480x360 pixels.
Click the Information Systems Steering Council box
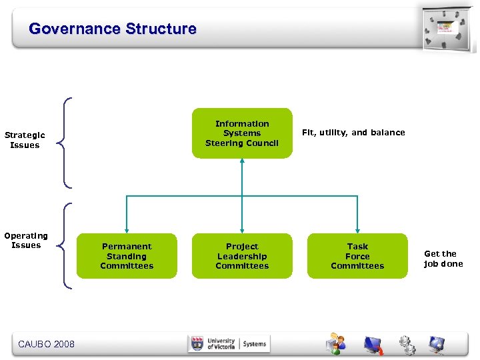pyautogui.click(x=242, y=133)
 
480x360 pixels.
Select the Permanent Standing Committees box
pyautogui.click(x=127, y=256)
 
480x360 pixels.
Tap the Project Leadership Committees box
pyautogui.click(x=242, y=256)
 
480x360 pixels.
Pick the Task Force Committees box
pyautogui.click(x=357, y=256)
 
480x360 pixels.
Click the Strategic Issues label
pyautogui.click(x=25, y=140)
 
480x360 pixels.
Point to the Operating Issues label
pyautogui.click(x=26, y=240)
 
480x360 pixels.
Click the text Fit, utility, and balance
pyautogui.click(x=353, y=133)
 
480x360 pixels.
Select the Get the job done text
pyautogui.click(x=443, y=259)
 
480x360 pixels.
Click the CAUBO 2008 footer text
pyautogui.click(x=46, y=344)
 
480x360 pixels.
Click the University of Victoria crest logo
pyautogui.click(x=197, y=344)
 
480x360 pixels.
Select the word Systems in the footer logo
pyautogui.click(x=254, y=344)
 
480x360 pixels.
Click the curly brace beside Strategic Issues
pyautogui.click(x=65, y=142)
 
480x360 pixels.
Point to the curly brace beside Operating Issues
pyautogui.click(x=65, y=246)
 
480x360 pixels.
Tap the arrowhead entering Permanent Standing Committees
pyautogui.click(x=127, y=229)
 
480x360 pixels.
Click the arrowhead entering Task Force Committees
pyautogui.click(x=357, y=229)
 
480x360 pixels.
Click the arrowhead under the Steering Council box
pyautogui.click(x=242, y=163)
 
